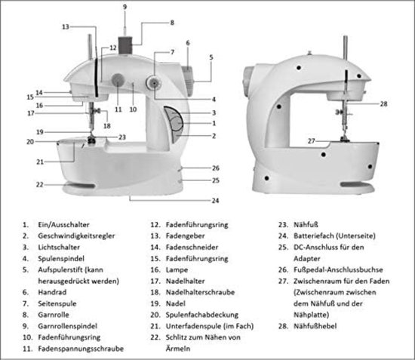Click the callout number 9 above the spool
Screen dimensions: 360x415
tap(125, 6)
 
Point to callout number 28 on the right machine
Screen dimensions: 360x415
tap(383, 103)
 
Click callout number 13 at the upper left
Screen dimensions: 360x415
tap(66, 27)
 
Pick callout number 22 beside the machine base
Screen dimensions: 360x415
tap(39, 184)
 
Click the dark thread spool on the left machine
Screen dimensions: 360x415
tap(125, 38)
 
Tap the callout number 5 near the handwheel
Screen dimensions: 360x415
tap(211, 57)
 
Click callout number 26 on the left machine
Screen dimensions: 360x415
tap(216, 168)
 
